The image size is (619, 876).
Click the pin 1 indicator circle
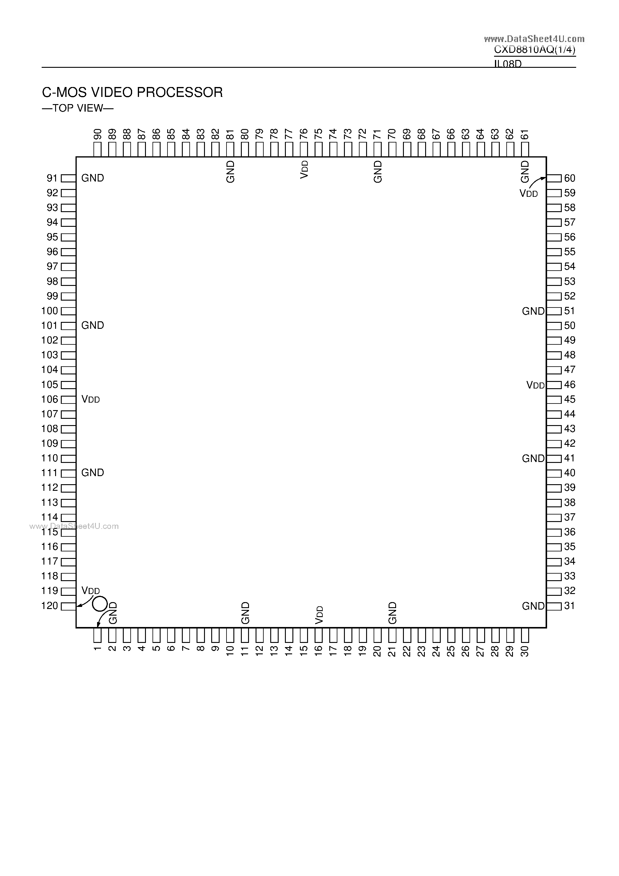click(100, 604)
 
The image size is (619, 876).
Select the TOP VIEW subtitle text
click(77, 108)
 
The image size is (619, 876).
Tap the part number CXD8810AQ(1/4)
click(535, 49)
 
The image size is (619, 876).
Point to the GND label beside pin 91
click(93, 178)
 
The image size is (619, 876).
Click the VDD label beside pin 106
click(91, 400)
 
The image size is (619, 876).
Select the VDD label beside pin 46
click(535, 385)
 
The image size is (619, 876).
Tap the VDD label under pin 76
click(304, 169)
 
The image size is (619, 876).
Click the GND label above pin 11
click(245, 613)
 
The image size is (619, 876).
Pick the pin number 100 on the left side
click(49, 311)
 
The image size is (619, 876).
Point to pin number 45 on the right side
click(570, 400)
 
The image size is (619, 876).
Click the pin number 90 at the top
click(98, 134)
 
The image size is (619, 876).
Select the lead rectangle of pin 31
click(554, 606)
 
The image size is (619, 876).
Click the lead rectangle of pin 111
click(68, 473)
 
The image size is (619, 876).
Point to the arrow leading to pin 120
click(84, 602)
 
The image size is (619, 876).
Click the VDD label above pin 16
click(319, 615)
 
